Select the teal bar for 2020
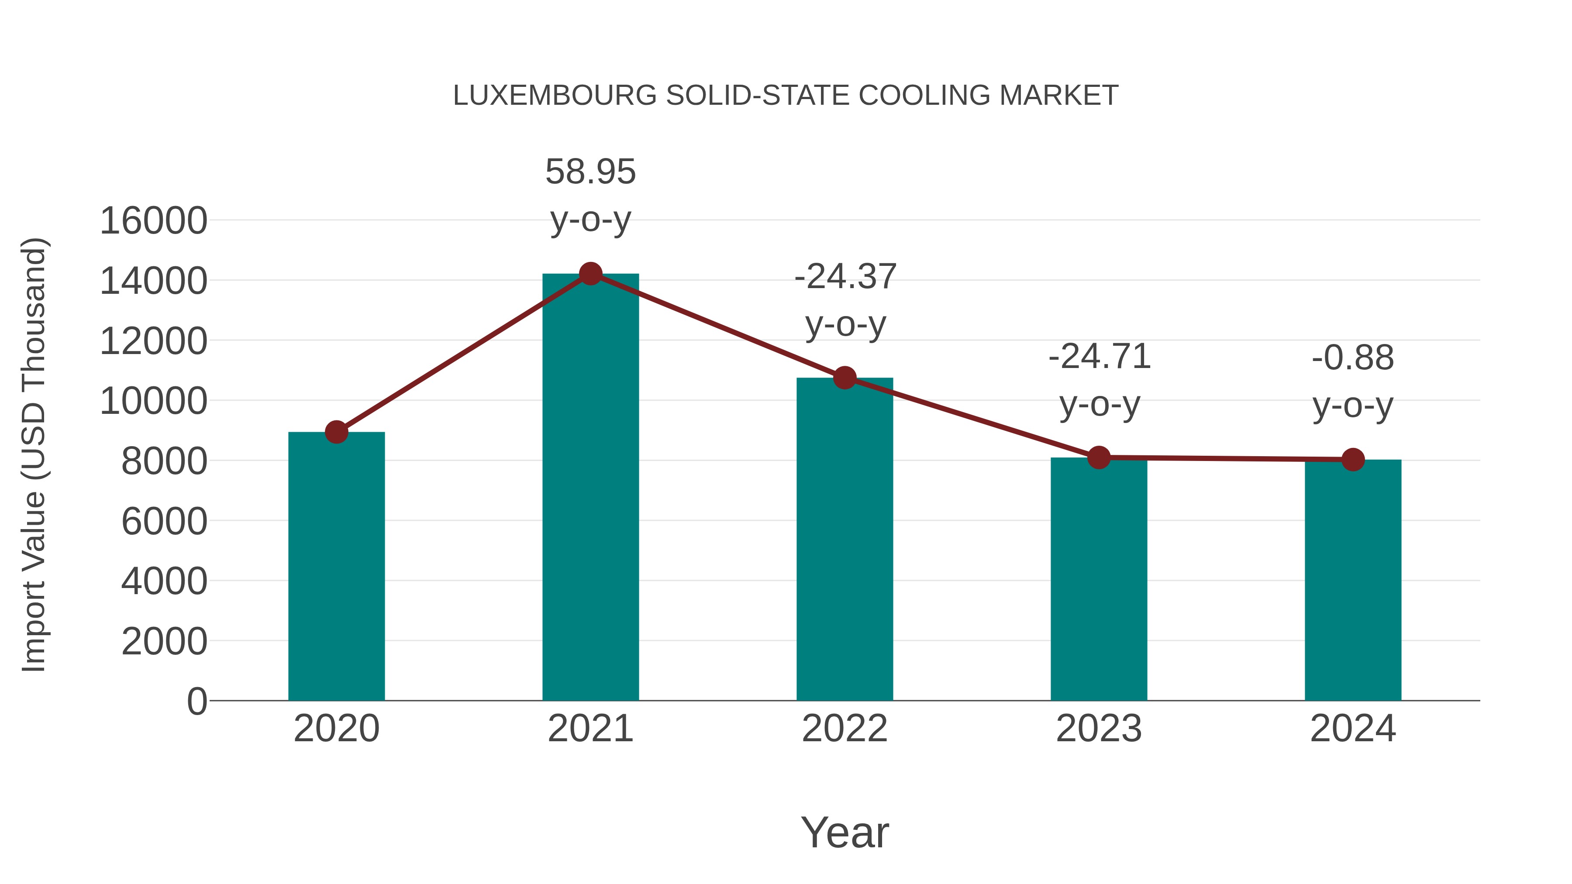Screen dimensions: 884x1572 click(x=336, y=568)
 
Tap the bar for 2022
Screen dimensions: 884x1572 click(x=845, y=540)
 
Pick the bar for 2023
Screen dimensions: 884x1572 click(x=1099, y=580)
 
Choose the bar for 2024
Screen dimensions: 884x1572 click(x=1353, y=581)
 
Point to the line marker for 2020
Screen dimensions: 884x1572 click(x=336, y=432)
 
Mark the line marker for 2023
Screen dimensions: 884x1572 click(x=1099, y=457)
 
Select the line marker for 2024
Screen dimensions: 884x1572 click(x=1353, y=459)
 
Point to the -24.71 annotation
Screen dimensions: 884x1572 click(x=1099, y=357)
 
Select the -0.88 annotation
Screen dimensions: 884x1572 click(x=1353, y=358)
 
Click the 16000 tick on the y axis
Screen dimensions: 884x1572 click(x=153, y=221)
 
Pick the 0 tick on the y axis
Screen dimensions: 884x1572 click(x=196, y=701)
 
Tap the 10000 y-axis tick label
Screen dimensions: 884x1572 click(x=153, y=402)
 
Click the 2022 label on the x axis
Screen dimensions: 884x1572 click(x=845, y=729)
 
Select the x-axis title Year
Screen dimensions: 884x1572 click(x=845, y=833)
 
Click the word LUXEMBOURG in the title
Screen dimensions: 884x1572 click(x=555, y=96)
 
